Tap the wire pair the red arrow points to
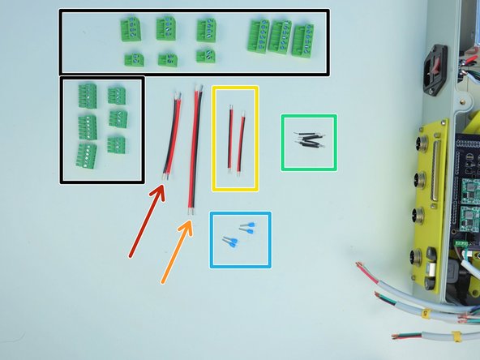tap(171, 135)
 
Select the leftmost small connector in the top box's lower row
tap(134, 58)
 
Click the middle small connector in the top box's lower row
tap(168, 58)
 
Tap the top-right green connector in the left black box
tap(117, 96)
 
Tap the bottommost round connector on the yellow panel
tap(416, 258)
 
